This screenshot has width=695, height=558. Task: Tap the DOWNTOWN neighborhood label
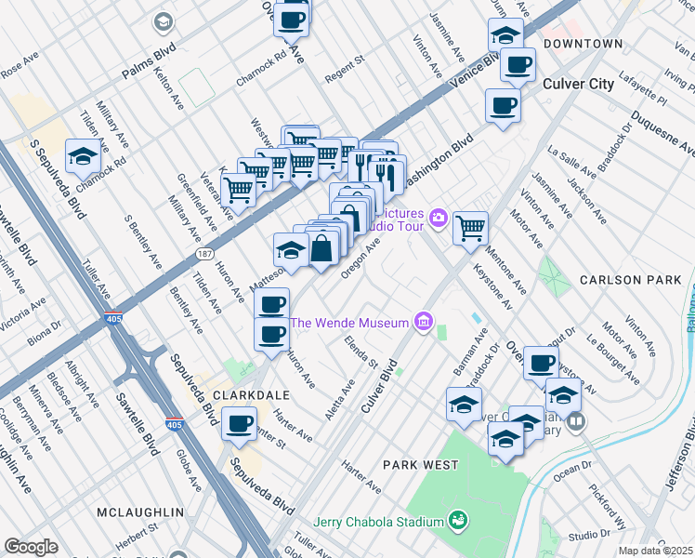coord(583,44)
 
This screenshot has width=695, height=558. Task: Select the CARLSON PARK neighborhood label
coord(624,279)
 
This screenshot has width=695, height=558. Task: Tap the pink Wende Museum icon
coord(424,323)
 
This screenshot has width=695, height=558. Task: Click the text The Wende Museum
coord(349,323)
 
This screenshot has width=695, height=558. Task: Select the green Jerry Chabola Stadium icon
coord(456,521)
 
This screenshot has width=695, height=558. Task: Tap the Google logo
coord(31,547)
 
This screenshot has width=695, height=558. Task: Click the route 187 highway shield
coord(201,253)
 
